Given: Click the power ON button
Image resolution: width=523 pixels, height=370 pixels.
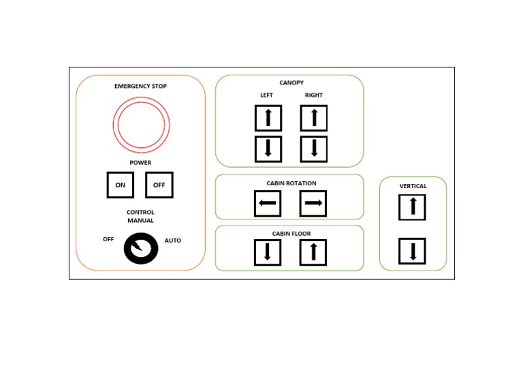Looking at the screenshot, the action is click(120, 185).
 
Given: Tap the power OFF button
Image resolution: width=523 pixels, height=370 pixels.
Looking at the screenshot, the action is click(159, 185).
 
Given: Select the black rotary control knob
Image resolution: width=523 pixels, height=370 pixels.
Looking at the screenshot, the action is click(141, 249).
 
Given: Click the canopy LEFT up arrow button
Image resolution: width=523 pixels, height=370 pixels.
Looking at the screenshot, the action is click(268, 118).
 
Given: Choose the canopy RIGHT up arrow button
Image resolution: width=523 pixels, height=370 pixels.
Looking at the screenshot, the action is click(314, 118).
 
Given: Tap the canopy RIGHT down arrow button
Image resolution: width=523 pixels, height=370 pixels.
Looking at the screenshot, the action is click(314, 149).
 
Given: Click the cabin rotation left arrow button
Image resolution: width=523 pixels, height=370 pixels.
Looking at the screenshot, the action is click(268, 203).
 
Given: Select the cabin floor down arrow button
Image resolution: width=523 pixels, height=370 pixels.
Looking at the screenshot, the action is click(268, 252).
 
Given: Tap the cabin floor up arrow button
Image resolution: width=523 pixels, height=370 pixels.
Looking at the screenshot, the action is click(313, 252).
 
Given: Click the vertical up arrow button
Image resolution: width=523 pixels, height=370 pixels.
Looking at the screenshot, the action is click(412, 207).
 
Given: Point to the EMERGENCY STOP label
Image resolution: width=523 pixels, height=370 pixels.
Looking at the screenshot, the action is click(140, 87).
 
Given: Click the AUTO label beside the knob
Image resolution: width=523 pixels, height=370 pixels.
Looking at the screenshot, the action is click(173, 241).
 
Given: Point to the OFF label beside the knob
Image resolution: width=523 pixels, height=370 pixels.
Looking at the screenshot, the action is click(108, 239).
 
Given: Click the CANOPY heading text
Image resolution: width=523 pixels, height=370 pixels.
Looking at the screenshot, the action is click(291, 83).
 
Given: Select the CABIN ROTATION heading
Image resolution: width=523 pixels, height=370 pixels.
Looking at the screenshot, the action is click(291, 183).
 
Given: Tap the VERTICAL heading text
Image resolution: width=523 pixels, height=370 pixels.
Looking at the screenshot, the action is click(413, 186).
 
